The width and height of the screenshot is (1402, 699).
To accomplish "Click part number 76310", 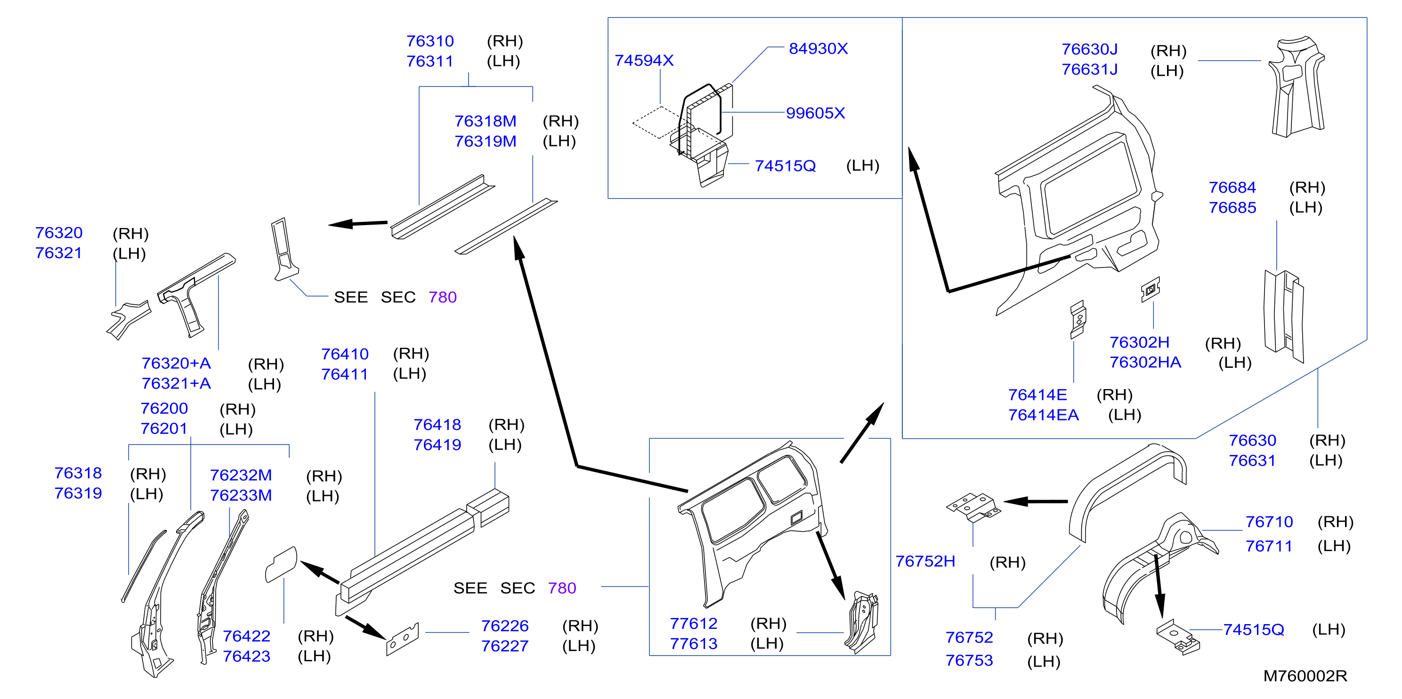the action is click(430, 41).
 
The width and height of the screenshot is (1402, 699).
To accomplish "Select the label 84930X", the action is click(818, 49).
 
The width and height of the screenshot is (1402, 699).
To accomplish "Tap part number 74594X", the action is click(644, 60).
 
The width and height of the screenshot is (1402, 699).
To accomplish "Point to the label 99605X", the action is click(815, 113).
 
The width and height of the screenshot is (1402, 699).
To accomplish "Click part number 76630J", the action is click(1090, 49).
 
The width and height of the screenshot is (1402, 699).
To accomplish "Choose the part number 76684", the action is click(1232, 188).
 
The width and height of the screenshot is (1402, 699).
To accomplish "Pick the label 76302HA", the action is click(1145, 363).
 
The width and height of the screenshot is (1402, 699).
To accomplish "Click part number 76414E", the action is click(1037, 395).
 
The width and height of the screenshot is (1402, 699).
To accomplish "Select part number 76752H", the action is click(925, 562).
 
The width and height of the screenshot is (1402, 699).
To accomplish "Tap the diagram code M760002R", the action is click(1305, 676).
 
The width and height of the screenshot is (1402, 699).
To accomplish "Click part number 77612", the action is click(693, 624).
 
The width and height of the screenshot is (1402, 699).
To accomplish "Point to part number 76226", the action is click(504, 626).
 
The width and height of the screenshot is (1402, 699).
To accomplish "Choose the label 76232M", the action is click(241, 476).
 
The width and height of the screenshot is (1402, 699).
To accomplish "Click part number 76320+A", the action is click(176, 364).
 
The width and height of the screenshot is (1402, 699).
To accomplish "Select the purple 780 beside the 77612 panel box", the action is click(562, 588).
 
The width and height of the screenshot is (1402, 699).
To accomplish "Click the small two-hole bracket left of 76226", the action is click(403, 639).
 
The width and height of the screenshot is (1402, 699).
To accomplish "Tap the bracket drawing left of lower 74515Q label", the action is click(1178, 637).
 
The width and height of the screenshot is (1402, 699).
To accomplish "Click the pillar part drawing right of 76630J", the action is click(1297, 87).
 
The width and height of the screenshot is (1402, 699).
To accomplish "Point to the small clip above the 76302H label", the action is click(1150, 290).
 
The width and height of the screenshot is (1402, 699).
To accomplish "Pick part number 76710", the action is click(1269, 522).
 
